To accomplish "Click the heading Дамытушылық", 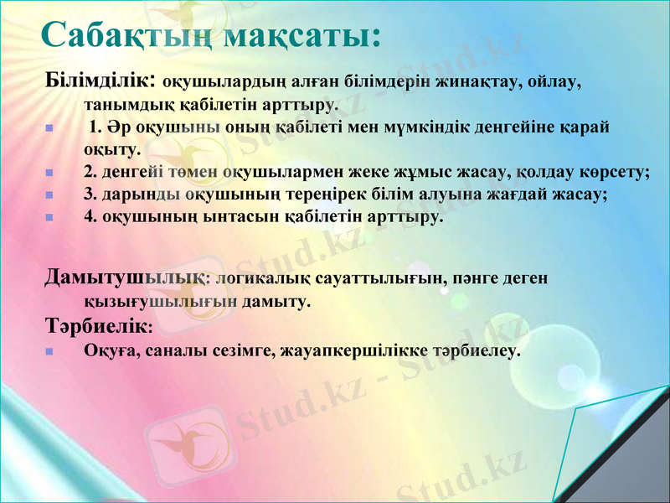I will (x=125, y=277).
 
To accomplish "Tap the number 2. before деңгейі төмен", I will (x=90, y=173).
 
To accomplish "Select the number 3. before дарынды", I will (x=90, y=194).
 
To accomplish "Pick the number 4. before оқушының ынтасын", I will (x=90, y=216).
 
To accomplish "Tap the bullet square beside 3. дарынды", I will (x=49, y=195).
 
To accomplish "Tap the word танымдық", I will (x=121, y=106).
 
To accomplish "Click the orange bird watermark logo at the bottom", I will (x=181, y=445).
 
